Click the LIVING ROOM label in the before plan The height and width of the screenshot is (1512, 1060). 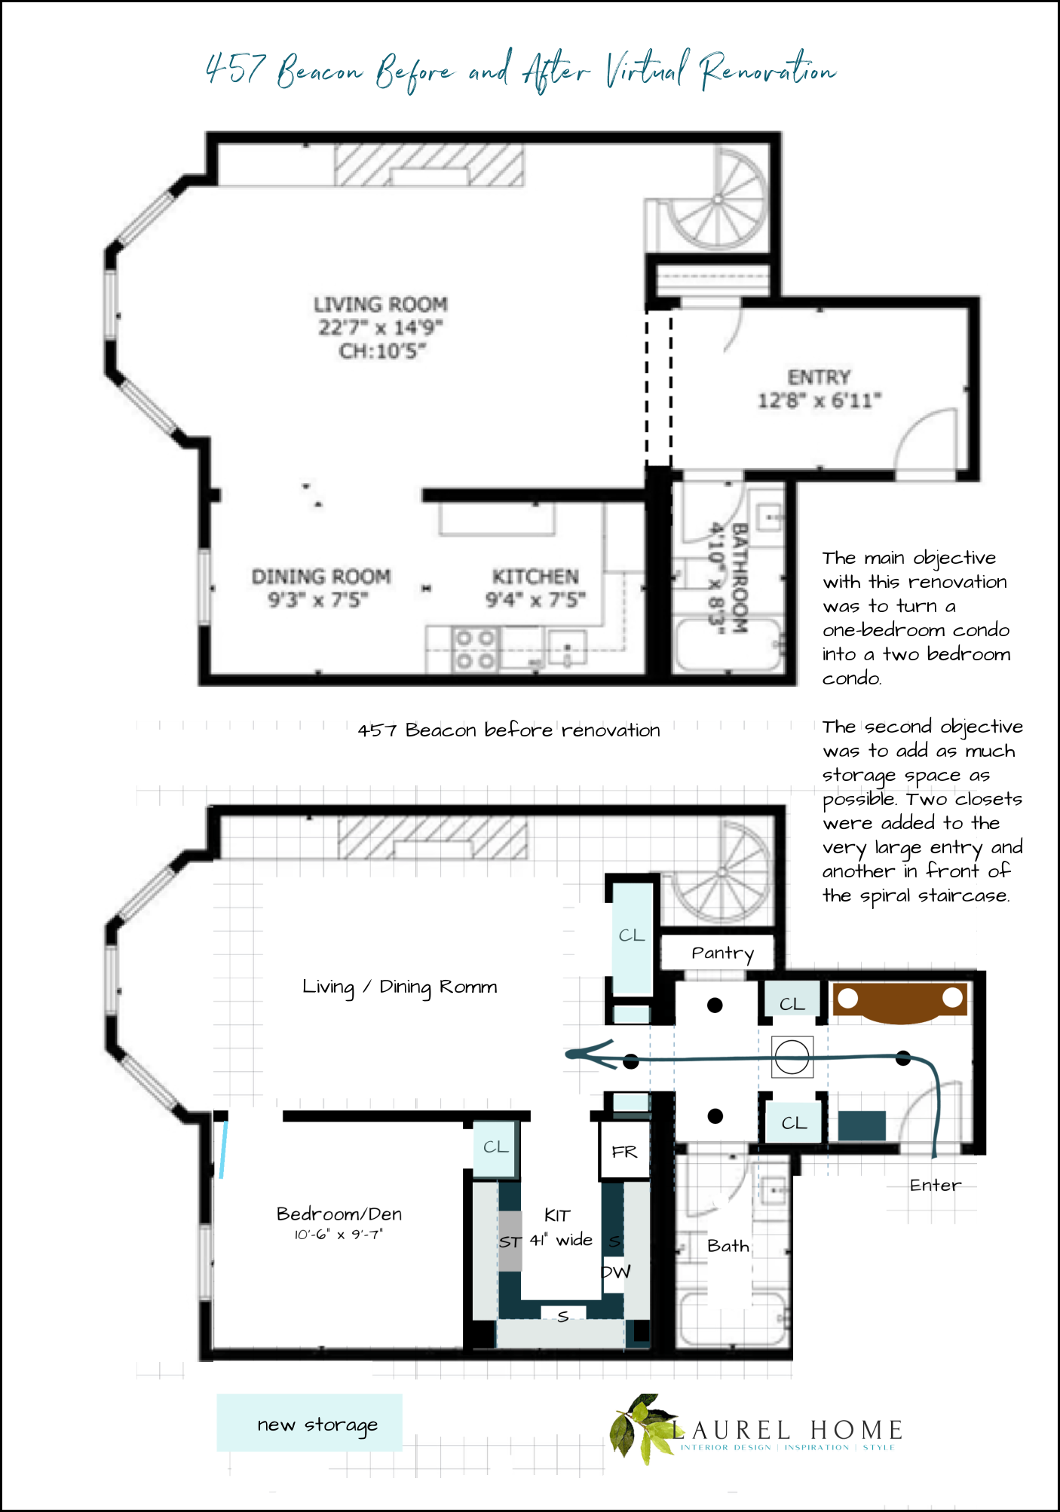pyautogui.click(x=380, y=305)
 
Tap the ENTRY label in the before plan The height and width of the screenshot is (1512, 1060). pyautogui.click(x=819, y=377)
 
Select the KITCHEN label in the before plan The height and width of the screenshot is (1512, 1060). pyautogui.click(x=535, y=577)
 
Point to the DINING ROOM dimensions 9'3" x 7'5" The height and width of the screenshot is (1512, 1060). pyautogui.click(x=318, y=600)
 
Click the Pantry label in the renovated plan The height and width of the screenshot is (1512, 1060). pyautogui.click(x=721, y=953)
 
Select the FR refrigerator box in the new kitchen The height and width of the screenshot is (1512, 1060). pyautogui.click(x=624, y=1151)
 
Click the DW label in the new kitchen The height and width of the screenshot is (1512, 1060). pyautogui.click(x=615, y=1272)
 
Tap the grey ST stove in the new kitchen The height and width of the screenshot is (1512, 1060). pyautogui.click(x=510, y=1241)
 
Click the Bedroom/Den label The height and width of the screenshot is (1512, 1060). pyautogui.click(x=339, y=1214)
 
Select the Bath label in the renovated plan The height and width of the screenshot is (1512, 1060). pyautogui.click(x=728, y=1246)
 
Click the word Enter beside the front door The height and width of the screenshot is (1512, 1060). pyautogui.click(x=935, y=1185)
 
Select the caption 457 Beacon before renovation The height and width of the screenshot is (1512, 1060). pyautogui.click(x=508, y=730)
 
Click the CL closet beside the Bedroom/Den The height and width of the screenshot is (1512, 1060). pyautogui.click(x=495, y=1147)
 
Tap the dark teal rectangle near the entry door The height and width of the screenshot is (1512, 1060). pyautogui.click(x=862, y=1125)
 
